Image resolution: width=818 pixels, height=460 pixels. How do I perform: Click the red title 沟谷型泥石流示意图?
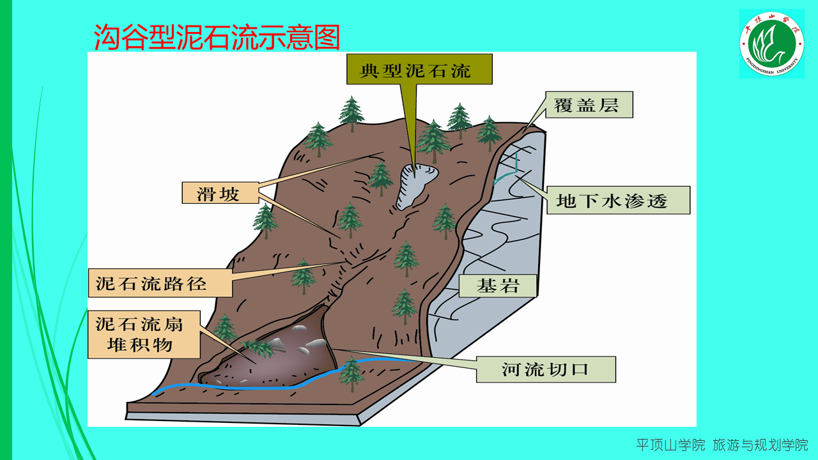pyautogui.click(x=217, y=37)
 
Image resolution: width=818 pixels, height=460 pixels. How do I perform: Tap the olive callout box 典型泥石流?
pyautogui.click(x=419, y=70)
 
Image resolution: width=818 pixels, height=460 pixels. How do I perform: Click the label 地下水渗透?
pyautogui.click(x=612, y=201)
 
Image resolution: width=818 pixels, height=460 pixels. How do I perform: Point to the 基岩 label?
pyautogui.click(x=497, y=286)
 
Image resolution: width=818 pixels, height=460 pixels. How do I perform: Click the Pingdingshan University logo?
pyautogui.click(x=771, y=43)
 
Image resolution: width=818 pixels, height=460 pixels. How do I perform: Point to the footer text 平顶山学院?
pyautogui.click(x=670, y=445)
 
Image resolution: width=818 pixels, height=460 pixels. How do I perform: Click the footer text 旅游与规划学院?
pyautogui.click(x=760, y=445)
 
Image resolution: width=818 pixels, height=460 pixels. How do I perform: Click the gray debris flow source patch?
pyautogui.click(x=413, y=185)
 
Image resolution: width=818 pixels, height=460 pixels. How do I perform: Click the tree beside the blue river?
pyautogui.click(x=351, y=373)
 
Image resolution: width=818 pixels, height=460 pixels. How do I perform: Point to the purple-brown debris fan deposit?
pyautogui.click(x=275, y=364)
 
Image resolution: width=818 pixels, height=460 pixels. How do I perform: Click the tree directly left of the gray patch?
pyautogui.click(x=381, y=178)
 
